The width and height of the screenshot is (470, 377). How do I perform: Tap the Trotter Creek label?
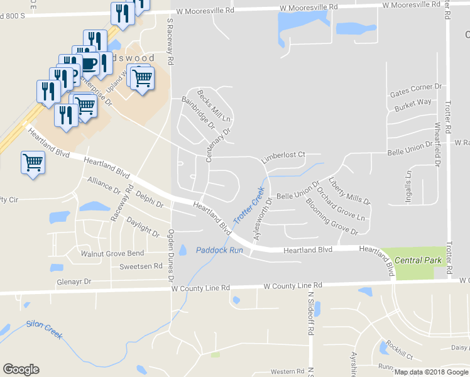pos(249,205)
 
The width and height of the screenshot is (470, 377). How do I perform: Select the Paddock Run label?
pos(219,250)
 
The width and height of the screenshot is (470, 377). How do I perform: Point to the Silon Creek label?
pos(44,329)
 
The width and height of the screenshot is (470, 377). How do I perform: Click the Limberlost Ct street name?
pos(283,155)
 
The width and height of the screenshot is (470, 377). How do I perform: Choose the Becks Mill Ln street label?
pos(214,105)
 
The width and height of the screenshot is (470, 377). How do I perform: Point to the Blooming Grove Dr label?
pos(331,216)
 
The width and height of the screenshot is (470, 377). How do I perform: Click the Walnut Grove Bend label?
pos(112,253)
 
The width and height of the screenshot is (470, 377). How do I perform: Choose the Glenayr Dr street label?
pos(74,282)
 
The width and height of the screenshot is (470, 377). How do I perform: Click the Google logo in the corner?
pos(21,369)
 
